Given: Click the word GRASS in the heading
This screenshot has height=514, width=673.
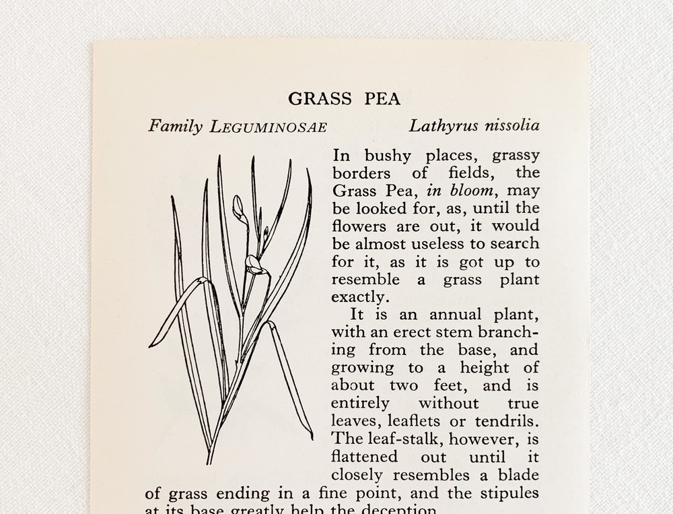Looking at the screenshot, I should pyautogui.click(x=320, y=99).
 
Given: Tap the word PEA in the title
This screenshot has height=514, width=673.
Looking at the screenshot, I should pyautogui.click(x=382, y=99).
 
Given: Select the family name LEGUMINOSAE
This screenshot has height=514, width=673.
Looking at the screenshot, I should pyautogui.click(x=268, y=127).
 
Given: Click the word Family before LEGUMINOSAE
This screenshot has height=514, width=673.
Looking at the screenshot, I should pyautogui.click(x=175, y=127).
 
